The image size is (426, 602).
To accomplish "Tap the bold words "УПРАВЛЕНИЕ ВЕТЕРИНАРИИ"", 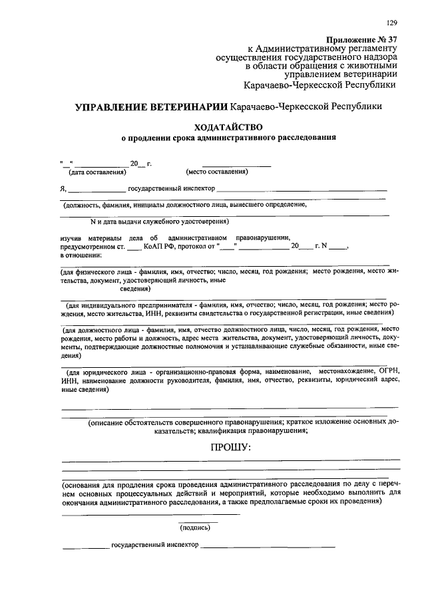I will pos(150,106).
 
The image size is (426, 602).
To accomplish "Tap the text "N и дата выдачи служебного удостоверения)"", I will pos(160,221).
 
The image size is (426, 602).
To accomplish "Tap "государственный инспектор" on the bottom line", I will pos(155,544).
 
